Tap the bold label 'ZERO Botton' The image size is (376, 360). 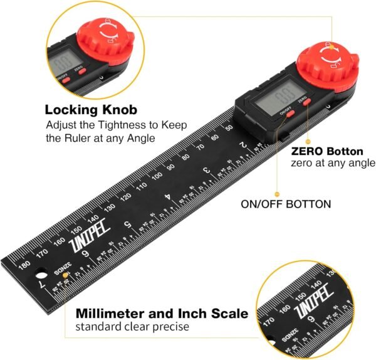click(x=327, y=151)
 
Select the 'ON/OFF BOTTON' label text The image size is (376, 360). click(x=286, y=204)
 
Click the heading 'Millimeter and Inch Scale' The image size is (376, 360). click(x=162, y=313)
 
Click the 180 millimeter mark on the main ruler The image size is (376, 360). click(x=24, y=264)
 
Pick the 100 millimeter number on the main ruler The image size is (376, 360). click(x=157, y=174)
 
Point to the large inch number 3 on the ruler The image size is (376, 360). click(x=206, y=170)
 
